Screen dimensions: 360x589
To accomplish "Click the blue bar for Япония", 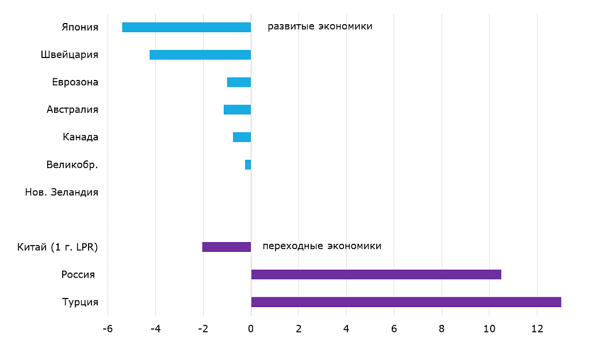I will tap(186, 27).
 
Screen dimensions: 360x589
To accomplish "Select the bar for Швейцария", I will tap(200, 55).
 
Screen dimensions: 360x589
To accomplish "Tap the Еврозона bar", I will tap(239, 82).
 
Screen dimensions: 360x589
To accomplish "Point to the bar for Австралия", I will tap(237, 109).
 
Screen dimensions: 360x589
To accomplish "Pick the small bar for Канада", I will tap(242, 137).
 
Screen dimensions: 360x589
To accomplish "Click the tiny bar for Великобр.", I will tap(248, 164).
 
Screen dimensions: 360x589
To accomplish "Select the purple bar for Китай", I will tap(227, 247).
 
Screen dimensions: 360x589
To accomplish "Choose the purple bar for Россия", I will tap(376, 274).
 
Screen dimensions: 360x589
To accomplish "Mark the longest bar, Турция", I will tap(406, 302).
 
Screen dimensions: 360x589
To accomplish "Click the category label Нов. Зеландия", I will tap(62, 192).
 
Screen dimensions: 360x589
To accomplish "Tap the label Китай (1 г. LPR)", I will tap(58, 247).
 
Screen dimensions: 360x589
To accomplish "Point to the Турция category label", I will tap(80, 302).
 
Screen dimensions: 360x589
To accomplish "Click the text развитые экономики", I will tap(320, 26).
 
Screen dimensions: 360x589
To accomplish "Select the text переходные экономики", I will tap(322, 246).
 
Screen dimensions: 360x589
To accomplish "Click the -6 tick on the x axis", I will tap(107, 329).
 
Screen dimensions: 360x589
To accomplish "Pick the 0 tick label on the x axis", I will tap(251, 329).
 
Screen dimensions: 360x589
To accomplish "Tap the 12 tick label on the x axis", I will tap(537, 329).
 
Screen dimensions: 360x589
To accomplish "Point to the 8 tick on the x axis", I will tap(441, 329).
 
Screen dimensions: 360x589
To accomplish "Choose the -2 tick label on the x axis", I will tap(202, 329).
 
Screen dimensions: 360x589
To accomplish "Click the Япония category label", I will tap(80, 27).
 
